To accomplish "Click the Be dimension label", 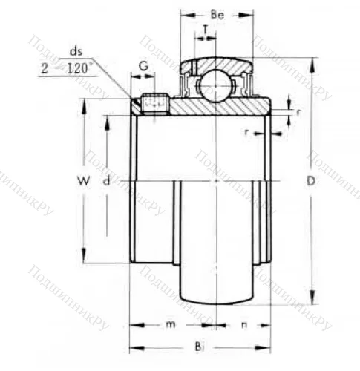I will [x=217, y=14].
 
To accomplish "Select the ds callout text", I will [x=76, y=50].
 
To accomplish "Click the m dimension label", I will [x=170, y=325].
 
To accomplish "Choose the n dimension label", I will [x=243, y=325].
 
